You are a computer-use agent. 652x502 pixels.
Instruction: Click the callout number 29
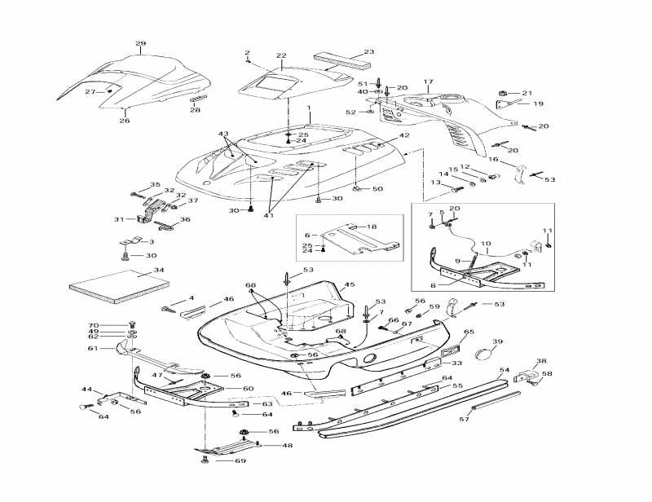[140, 43]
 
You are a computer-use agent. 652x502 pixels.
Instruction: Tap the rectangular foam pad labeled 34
[118, 283]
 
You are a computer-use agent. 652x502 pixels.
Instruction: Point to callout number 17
[428, 82]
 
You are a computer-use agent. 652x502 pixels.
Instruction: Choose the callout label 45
[350, 285]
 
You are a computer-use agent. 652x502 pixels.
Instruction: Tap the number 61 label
[94, 348]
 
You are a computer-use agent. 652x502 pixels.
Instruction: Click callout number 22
[281, 55]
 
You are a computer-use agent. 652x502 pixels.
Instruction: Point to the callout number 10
[486, 243]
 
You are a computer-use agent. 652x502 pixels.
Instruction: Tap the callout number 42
[403, 136]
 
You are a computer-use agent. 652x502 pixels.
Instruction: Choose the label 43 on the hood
[224, 133]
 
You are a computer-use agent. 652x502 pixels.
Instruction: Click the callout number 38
[541, 361]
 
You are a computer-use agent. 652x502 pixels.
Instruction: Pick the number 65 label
[469, 332]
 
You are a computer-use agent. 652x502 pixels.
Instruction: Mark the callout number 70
[94, 325]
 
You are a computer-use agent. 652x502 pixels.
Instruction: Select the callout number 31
[119, 219]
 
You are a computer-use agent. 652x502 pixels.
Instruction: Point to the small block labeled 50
[358, 190]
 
